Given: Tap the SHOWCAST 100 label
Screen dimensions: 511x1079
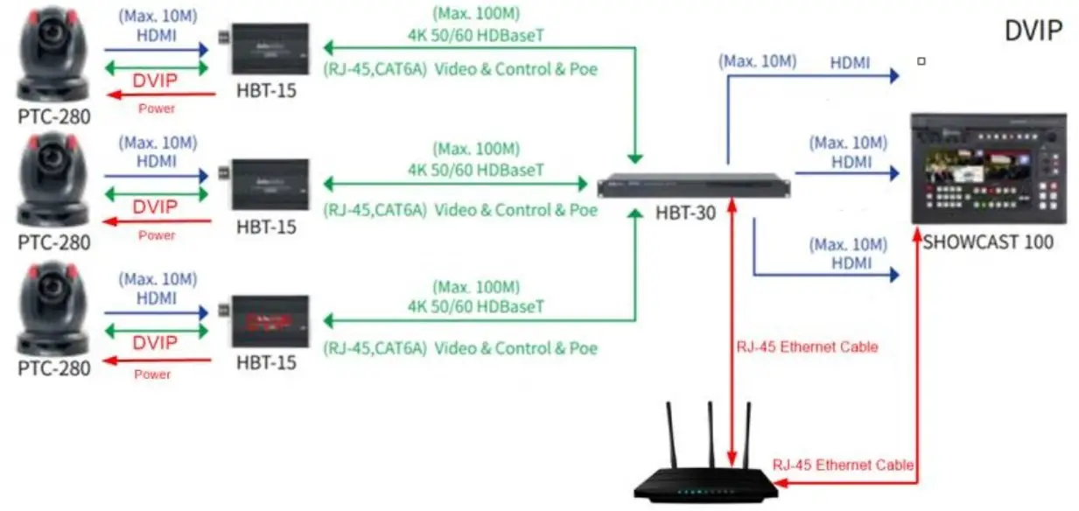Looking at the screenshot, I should point(988,241).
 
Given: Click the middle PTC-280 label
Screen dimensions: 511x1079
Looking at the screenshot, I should point(53,242).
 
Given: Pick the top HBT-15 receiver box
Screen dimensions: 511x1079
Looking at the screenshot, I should point(269,49).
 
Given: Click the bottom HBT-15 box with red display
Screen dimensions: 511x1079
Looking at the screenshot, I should point(269,321).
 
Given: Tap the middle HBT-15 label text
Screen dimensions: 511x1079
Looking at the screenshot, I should point(266,227).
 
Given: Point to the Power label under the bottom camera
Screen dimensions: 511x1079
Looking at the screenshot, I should point(154,374).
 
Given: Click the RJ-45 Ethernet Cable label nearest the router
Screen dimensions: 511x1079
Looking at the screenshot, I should point(843,465).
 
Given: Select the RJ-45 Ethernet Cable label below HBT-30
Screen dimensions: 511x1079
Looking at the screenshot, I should point(807,346).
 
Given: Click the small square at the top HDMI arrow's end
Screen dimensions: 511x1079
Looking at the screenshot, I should point(921,61).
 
